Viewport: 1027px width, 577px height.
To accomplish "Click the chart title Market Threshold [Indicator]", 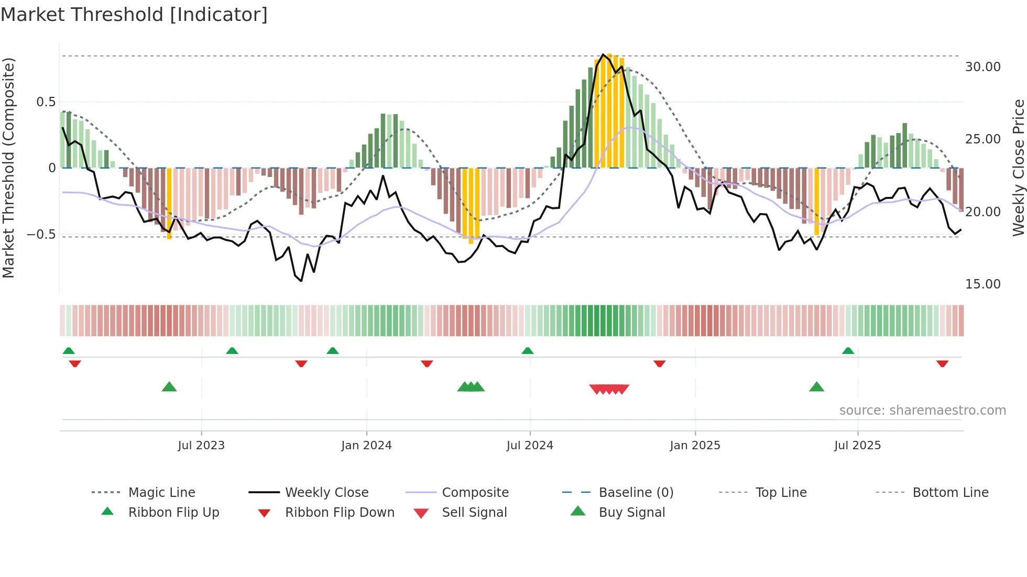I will (134, 15).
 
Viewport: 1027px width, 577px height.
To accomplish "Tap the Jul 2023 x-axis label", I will (201, 446).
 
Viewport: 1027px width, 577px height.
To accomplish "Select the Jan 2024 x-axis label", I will (366, 446).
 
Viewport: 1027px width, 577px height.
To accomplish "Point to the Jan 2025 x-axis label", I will (695, 446).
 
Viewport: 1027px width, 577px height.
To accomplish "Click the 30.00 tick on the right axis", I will (982, 67).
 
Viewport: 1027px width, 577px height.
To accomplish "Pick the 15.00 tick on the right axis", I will (982, 284).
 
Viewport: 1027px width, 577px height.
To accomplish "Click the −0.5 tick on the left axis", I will (41, 235).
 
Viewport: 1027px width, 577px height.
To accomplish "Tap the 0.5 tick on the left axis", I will (46, 102).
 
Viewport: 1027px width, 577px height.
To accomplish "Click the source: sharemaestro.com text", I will (922, 410).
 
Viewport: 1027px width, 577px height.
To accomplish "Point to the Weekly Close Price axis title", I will (1018, 168).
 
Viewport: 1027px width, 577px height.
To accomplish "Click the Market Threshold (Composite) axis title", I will (8, 168).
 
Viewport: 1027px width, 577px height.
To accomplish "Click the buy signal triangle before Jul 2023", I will (169, 387).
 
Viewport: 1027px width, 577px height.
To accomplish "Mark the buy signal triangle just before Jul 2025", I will (816, 387).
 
